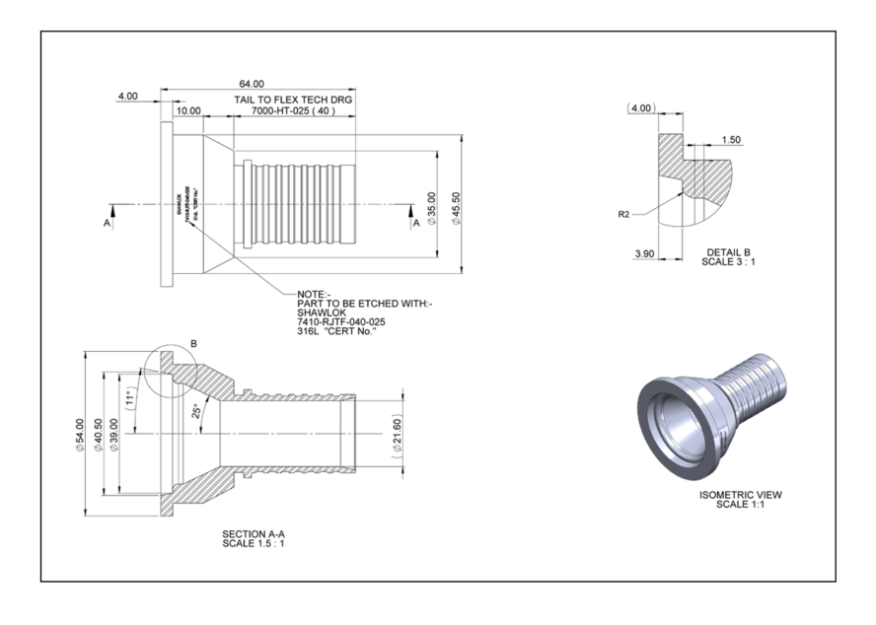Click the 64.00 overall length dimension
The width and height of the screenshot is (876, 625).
click(252, 85)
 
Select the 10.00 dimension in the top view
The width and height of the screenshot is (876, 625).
click(188, 111)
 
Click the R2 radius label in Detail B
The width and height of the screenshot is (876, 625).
click(623, 213)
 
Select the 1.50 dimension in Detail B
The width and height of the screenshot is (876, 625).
click(731, 140)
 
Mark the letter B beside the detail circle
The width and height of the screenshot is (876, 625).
click(193, 344)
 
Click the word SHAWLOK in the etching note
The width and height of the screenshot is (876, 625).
click(320, 312)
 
